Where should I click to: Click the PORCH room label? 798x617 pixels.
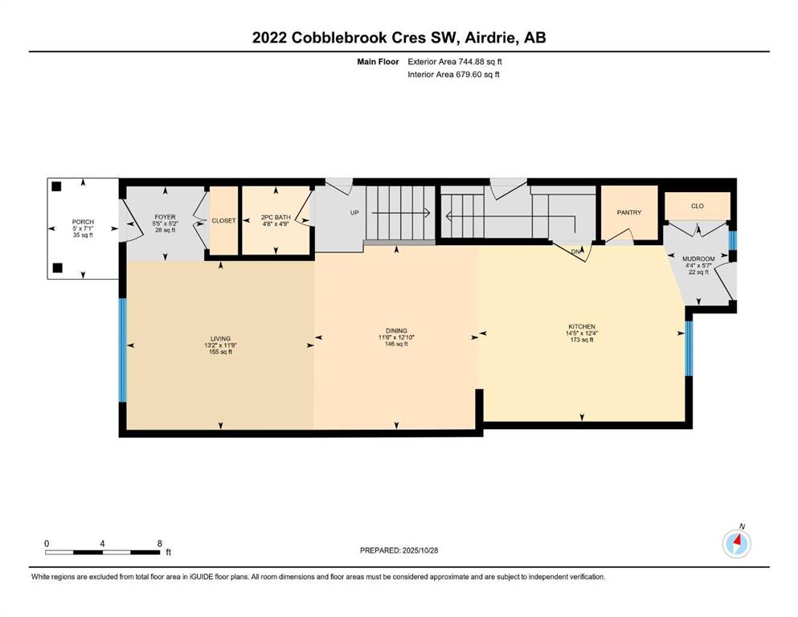click(82, 222)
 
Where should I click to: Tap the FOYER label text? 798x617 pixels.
click(165, 217)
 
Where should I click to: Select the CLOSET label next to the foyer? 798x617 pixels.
click(223, 221)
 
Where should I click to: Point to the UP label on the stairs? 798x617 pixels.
click(353, 214)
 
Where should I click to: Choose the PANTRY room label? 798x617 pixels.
click(628, 213)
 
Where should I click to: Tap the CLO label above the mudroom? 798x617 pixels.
click(697, 206)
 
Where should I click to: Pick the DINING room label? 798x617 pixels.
click(396, 330)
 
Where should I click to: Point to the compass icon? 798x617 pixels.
click(737, 545)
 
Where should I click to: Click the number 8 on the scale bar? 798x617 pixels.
click(159, 543)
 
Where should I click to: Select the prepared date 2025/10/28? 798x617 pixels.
click(419, 550)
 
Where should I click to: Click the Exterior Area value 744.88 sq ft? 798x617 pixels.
click(480, 61)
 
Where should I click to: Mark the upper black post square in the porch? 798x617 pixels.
click(56, 187)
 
